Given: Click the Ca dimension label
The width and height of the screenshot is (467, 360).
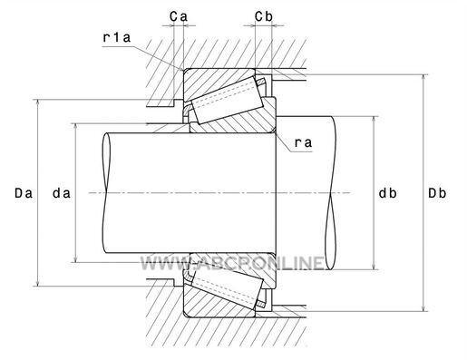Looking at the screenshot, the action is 179,16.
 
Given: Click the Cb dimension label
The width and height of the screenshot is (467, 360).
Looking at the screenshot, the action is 264,16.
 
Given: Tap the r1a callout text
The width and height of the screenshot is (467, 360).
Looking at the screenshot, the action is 117,38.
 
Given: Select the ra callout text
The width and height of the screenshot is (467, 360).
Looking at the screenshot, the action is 303,142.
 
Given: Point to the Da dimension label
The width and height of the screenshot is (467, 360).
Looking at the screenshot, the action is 24,193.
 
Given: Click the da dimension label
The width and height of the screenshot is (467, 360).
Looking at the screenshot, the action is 62,193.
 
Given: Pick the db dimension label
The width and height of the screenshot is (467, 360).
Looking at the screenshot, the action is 388,193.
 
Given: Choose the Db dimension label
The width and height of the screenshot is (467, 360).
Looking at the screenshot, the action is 437,193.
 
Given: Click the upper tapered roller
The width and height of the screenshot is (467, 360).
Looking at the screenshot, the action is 228,100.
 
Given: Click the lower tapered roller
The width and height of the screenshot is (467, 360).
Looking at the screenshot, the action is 228,287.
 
